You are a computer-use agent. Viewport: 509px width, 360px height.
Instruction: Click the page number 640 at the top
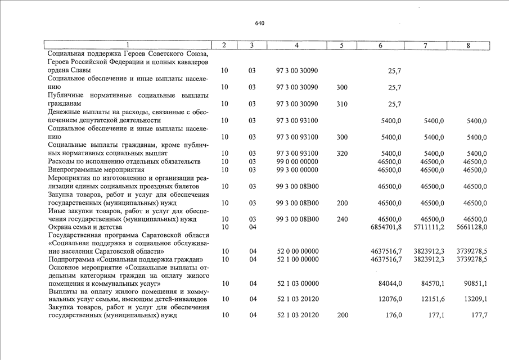(259, 23)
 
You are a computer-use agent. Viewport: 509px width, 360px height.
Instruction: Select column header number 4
(296, 45)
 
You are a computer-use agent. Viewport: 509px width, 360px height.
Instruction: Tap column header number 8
(468, 45)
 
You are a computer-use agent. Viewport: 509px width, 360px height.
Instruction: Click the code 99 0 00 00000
(297, 161)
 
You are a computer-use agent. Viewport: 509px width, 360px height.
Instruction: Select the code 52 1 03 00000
(297, 283)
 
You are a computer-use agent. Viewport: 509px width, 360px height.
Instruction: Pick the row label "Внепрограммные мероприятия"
(89, 169)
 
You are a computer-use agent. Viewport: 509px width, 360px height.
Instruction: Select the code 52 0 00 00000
(297, 251)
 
